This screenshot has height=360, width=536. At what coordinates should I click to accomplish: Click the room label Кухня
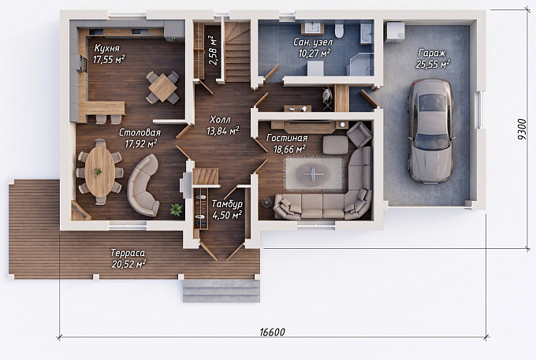[107, 47]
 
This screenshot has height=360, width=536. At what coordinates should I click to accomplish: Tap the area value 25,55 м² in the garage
[433, 65]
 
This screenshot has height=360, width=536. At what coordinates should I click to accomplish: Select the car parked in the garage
[430, 131]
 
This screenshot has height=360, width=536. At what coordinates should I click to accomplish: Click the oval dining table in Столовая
[100, 172]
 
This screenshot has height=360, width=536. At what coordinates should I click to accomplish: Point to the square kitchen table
[162, 87]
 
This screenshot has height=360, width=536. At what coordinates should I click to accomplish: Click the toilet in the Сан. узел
[339, 30]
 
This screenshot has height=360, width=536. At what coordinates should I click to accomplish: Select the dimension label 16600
[272, 332]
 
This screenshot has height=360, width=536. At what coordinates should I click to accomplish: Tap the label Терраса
[128, 253]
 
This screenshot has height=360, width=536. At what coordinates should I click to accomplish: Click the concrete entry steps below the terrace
[221, 291]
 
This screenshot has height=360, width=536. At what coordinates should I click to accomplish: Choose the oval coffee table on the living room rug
[313, 173]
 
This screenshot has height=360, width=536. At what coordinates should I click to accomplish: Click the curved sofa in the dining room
[143, 185]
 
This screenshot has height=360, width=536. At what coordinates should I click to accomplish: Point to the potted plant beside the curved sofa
[176, 210]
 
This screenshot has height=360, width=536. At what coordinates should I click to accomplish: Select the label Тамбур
[227, 204]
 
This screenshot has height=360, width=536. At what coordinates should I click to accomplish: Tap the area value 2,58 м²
[213, 50]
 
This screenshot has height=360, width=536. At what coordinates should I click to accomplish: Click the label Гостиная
[287, 138]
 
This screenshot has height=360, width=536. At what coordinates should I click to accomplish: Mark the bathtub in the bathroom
[366, 34]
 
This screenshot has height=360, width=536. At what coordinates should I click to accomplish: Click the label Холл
[220, 120]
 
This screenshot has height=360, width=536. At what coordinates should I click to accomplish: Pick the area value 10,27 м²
[315, 54]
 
